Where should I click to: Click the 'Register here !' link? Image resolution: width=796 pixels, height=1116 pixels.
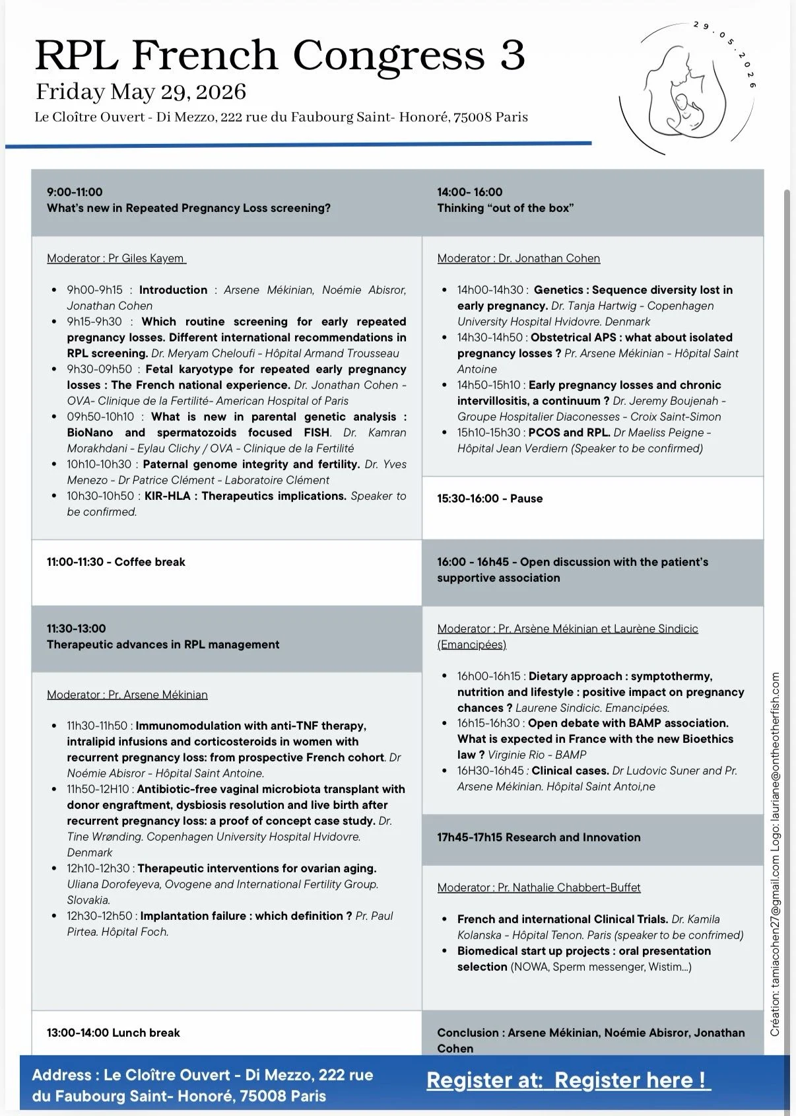pyautogui.click(x=630, y=1080)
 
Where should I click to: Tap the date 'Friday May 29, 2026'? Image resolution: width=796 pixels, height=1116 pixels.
pyautogui.click(x=141, y=92)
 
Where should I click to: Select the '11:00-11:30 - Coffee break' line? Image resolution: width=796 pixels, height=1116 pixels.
pyautogui.click(x=116, y=562)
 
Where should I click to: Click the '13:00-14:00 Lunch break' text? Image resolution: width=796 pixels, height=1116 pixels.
pyautogui.click(x=113, y=1033)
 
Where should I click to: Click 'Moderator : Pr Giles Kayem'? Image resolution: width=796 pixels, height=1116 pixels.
pyautogui.click(x=116, y=258)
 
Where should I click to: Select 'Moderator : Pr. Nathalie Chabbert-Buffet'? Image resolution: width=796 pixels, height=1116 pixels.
pyautogui.click(x=539, y=888)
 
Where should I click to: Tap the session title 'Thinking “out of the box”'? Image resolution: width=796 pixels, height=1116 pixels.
pyautogui.click(x=505, y=208)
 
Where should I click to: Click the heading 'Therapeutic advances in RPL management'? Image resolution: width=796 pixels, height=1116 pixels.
pyautogui.click(x=163, y=645)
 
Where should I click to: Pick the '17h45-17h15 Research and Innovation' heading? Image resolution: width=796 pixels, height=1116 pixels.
pyautogui.click(x=539, y=837)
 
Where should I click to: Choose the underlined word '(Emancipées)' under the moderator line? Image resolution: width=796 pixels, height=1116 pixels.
pyautogui.click(x=471, y=645)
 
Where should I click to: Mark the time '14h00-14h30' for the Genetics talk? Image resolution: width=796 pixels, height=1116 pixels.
pyautogui.click(x=490, y=290)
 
